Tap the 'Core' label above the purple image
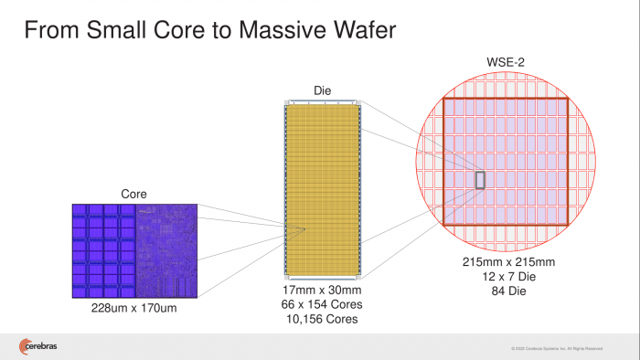134,194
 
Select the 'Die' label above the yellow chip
322,91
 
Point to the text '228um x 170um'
134,308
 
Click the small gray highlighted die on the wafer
479,180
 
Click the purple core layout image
134,249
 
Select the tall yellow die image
322,189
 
